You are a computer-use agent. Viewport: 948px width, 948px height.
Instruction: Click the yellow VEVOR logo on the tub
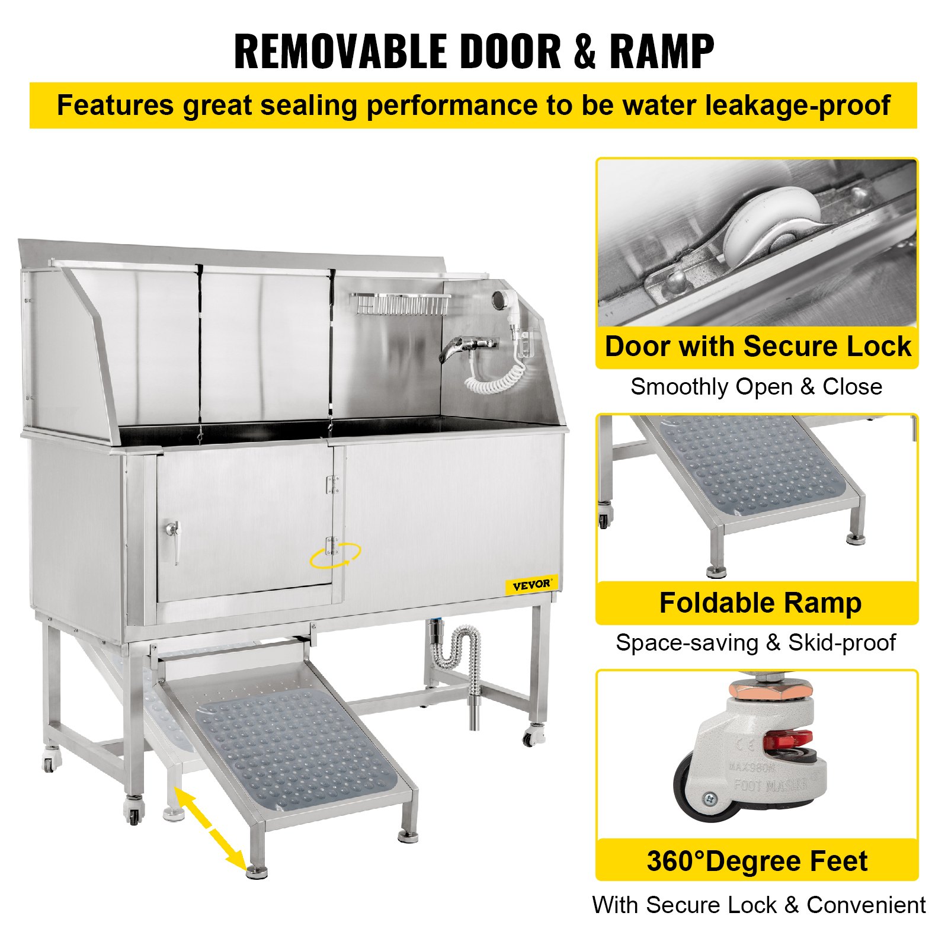(x=531, y=585)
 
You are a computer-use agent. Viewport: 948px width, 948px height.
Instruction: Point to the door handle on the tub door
(x=172, y=540)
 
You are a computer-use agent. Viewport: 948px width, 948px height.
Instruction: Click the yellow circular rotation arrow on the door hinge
(x=335, y=555)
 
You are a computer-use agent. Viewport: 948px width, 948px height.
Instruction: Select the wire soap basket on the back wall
(x=400, y=304)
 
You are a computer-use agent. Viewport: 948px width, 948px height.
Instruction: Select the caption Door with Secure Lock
(x=757, y=347)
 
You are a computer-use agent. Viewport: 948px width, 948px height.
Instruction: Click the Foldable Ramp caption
(x=760, y=603)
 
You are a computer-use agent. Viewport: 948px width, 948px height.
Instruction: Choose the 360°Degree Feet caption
(x=757, y=861)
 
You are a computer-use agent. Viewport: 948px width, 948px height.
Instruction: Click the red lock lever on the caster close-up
(x=787, y=740)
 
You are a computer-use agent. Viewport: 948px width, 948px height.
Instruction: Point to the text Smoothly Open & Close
(x=756, y=387)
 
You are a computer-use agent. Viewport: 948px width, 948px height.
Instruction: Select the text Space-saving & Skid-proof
(x=755, y=643)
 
